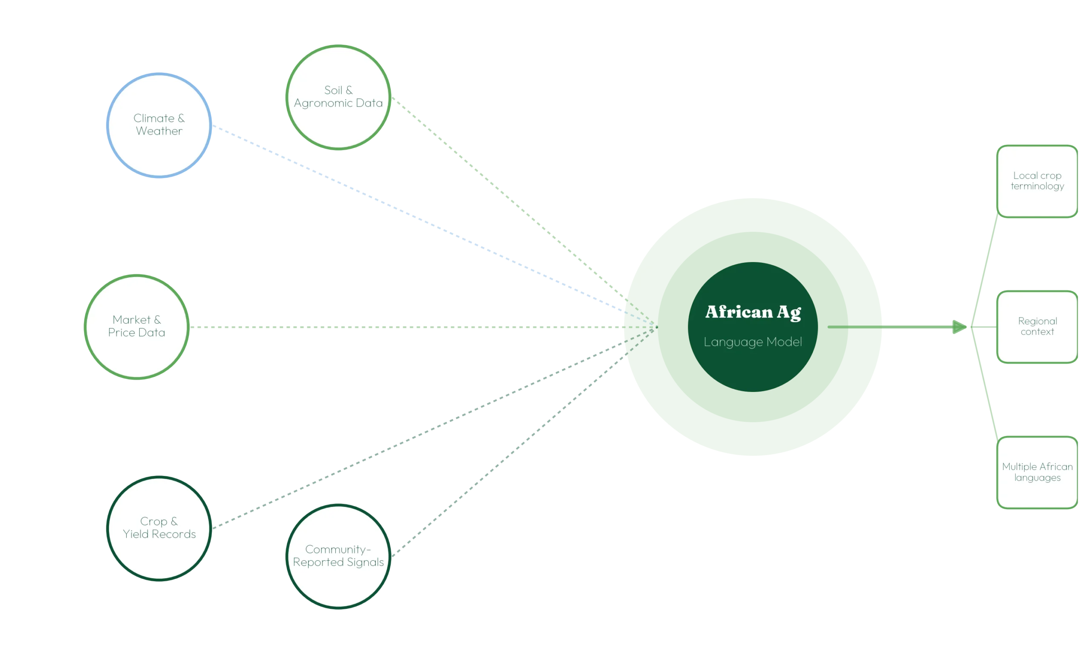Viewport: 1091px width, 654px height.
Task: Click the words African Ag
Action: click(x=753, y=312)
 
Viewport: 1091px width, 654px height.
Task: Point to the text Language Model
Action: click(x=753, y=342)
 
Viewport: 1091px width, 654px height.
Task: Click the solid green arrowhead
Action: click(x=959, y=327)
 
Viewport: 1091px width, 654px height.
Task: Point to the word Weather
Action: click(x=159, y=131)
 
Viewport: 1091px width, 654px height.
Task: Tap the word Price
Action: click(x=121, y=332)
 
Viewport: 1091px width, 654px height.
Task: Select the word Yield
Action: click(x=136, y=534)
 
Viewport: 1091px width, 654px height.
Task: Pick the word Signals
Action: click(x=365, y=563)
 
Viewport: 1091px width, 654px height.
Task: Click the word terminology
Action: click(x=1037, y=187)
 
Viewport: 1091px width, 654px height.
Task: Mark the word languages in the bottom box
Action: click(x=1037, y=478)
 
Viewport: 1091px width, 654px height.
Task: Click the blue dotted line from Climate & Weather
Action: click(x=434, y=226)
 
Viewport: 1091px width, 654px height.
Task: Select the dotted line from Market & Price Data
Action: click(x=423, y=327)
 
